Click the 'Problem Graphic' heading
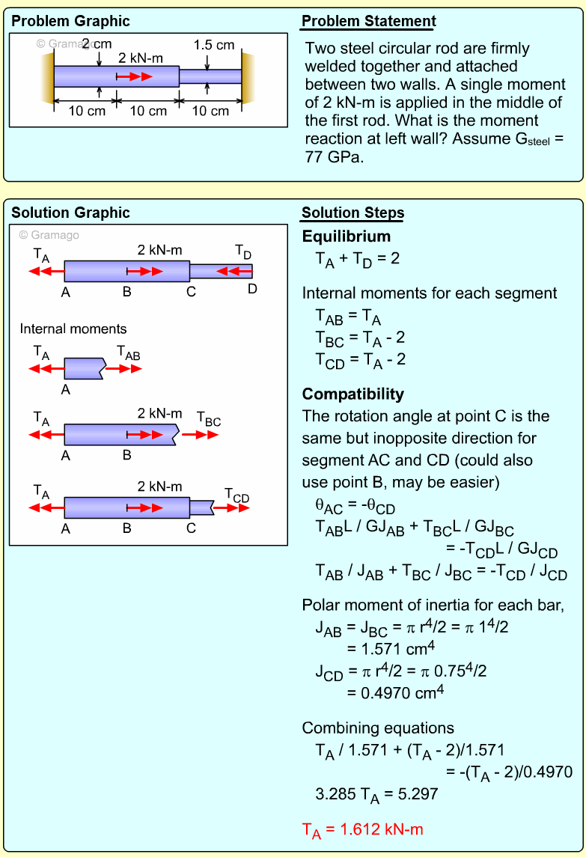[x=70, y=22]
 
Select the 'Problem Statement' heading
[x=368, y=22]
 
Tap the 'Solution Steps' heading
[x=352, y=213]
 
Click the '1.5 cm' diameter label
[x=214, y=45]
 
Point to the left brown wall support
[x=48, y=77]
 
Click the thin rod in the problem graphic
[x=210, y=76]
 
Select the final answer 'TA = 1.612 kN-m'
[x=364, y=829]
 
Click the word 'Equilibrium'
[x=347, y=237]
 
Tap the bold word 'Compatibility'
[x=353, y=394]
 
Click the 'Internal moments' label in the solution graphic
[x=73, y=329]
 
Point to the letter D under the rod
[x=252, y=288]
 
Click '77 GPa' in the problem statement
[x=335, y=157]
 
